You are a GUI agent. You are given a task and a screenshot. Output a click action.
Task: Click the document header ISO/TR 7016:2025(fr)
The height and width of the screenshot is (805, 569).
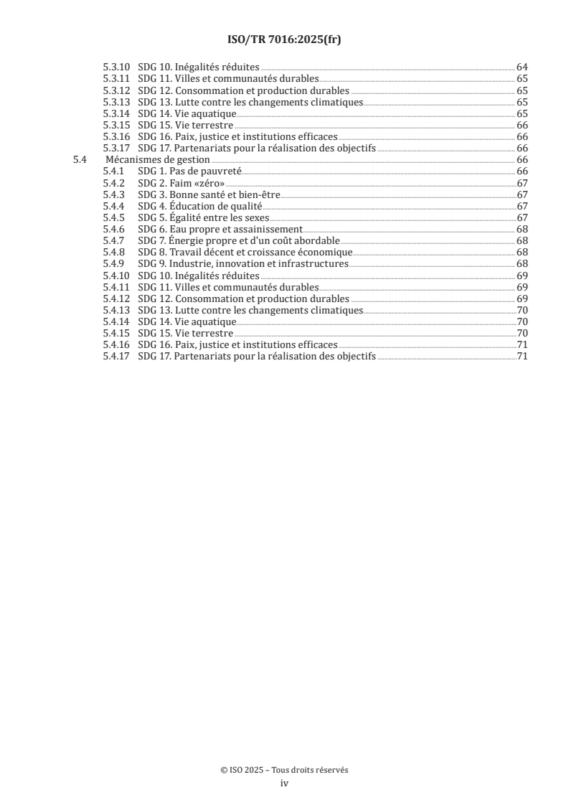click(284, 40)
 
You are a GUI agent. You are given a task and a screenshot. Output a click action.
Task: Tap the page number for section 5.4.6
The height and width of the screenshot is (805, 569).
click(522, 229)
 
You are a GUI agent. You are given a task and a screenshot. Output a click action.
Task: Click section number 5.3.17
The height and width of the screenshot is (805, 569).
click(116, 149)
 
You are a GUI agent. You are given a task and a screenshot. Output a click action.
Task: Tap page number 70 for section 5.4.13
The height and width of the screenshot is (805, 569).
click(522, 310)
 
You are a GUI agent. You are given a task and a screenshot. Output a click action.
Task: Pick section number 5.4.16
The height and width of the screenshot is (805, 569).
click(116, 344)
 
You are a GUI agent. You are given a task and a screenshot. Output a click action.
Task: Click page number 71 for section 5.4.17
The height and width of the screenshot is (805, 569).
click(522, 356)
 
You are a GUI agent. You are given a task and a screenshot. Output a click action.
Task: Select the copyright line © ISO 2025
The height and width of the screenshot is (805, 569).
click(284, 770)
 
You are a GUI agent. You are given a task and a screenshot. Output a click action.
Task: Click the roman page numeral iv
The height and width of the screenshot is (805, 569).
click(284, 783)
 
